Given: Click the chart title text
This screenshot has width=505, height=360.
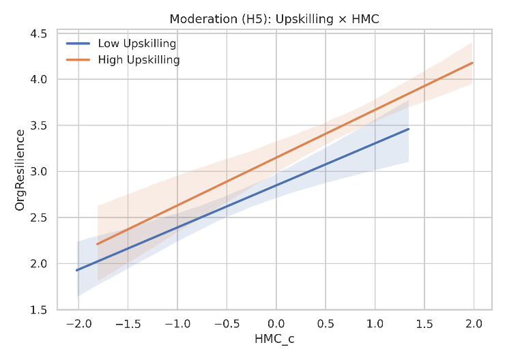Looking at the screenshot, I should (276, 20).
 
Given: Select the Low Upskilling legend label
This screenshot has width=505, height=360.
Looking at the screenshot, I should (137, 44).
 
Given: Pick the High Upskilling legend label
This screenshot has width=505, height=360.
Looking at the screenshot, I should (139, 60).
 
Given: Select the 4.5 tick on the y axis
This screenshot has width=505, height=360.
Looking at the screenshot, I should (38, 33).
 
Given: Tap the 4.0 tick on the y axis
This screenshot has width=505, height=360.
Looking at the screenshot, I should (38, 80).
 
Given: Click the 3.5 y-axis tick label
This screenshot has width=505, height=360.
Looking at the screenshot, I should (38, 125).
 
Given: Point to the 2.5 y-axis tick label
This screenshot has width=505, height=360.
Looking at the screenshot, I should (38, 217).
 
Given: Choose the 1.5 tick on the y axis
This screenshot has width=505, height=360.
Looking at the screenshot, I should (38, 310).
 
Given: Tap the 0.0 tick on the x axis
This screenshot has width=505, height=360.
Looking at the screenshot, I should (276, 322).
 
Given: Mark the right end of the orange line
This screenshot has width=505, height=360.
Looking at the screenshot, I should (473, 63).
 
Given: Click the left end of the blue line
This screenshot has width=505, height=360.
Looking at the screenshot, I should (76, 270).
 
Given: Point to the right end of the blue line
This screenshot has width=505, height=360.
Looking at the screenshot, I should (408, 129).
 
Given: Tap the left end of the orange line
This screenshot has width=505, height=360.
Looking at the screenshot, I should (97, 244).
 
